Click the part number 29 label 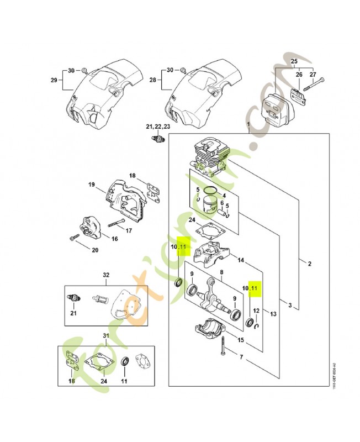click(54, 80)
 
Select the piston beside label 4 click(209, 201)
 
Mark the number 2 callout click(310, 263)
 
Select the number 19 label click(92, 184)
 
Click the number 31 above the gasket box click(105, 335)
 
